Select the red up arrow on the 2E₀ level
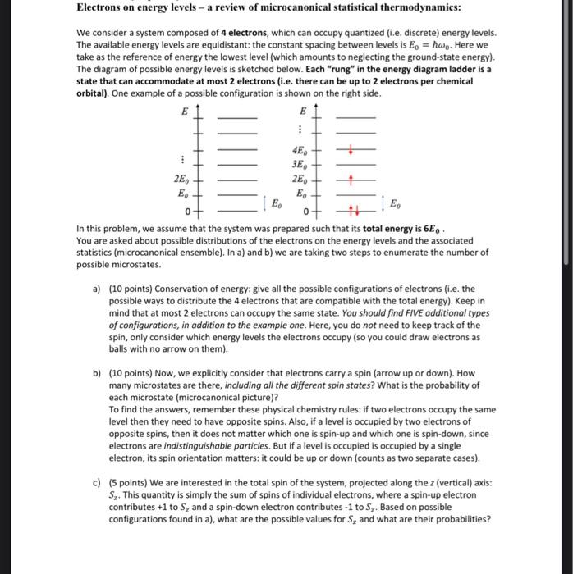pos(351,180)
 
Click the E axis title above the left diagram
pos(184,111)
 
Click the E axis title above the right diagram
pos(302,111)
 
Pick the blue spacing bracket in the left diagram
pos(264,203)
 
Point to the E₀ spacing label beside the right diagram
pos(395,203)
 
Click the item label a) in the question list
pos(96,289)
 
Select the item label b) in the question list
pos(96,372)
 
